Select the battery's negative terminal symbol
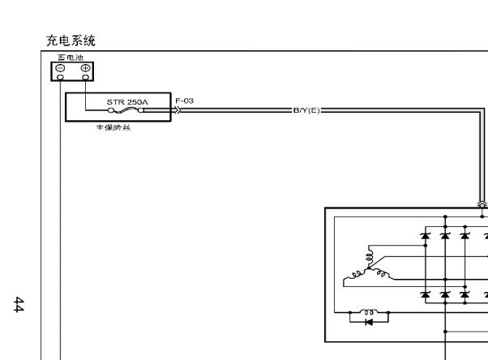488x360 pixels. pos(61,69)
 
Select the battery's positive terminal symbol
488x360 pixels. pos(85,69)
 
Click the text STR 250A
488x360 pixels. pos(127,102)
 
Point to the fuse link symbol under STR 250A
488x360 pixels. pos(128,112)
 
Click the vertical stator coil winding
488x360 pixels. pos(370,258)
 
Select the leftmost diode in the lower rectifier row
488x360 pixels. pos(425,294)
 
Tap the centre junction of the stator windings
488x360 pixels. pos(370,270)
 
